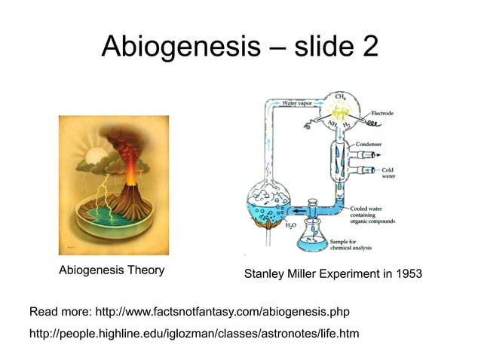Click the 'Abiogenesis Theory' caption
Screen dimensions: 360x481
(x=112, y=270)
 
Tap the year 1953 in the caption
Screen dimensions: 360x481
(x=406, y=276)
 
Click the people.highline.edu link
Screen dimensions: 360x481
(x=194, y=332)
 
